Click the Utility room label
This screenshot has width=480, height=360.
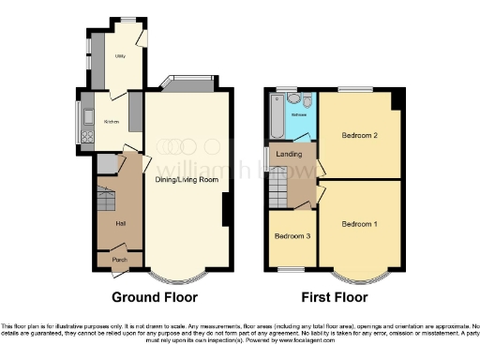click(120, 56)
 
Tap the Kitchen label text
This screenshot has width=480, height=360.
click(111, 122)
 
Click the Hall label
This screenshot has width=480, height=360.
click(120, 223)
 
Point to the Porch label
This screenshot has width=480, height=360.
click(120, 259)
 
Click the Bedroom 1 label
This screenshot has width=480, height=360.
click(360, 225)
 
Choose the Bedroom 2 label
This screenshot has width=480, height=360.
click(359, 136)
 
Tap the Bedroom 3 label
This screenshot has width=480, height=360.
click(292, 235)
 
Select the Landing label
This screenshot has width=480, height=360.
click(287, 156)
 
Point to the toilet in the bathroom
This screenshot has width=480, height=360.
click(294, 97)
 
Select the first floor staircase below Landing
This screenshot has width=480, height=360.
click(277, 192)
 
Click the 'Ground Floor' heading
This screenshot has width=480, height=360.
click(155, 297)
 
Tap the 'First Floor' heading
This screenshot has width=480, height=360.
click(333, 297)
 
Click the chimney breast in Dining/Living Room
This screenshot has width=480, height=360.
click(226, 211)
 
